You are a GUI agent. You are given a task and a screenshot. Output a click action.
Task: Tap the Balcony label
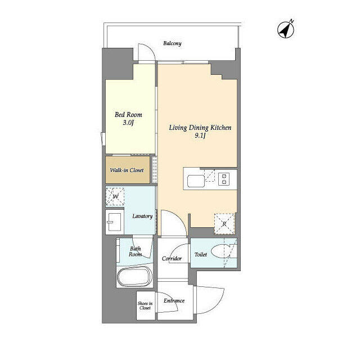click(x=172, y=43)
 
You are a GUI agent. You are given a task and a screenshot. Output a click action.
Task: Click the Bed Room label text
click(x=125, y=114)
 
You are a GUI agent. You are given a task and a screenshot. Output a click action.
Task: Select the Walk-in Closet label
click(x=127, y=170)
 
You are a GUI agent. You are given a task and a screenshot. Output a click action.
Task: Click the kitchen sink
click(x=195, y=181)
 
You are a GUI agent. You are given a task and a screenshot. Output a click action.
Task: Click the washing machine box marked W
click(x=116, y=197)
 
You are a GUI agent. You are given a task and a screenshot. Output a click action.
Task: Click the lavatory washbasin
click(x=115, y=222)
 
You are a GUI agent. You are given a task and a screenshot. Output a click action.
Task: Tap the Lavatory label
click(x=142, y=216)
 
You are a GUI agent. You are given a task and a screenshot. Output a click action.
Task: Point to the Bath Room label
click(x=136, y=251)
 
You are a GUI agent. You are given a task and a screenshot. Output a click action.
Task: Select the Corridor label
click(x=172, y=259)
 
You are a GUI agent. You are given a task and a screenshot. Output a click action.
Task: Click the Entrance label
click(x=174, y=300)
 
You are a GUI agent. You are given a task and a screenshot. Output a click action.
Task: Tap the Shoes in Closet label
click(x=145, y=305)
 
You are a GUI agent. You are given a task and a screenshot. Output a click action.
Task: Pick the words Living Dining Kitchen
click(x=201, y=128)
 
